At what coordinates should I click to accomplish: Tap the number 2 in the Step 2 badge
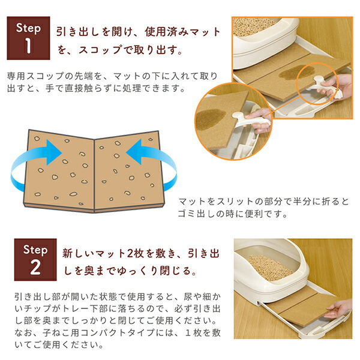click(31, 268)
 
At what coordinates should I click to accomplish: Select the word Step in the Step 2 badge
click(31, 249)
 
